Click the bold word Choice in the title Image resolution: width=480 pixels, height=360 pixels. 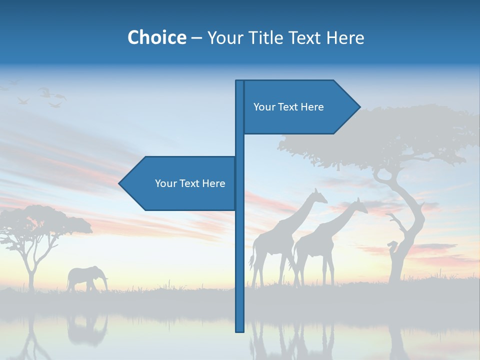pos(156,37)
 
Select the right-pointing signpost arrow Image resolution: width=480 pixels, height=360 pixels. pos(300,107)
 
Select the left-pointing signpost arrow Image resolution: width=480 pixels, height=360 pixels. pos(180,183)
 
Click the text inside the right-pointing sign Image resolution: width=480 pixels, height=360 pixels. pos(288,107)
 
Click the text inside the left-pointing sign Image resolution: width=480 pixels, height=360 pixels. pos(190,183)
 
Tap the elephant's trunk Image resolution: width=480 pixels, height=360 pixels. pos(105,283)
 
